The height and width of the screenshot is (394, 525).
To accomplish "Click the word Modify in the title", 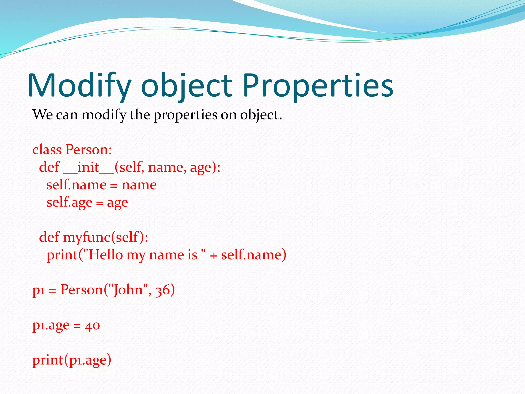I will [x=79, y=86].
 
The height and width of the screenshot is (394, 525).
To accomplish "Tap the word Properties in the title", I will [x=318, y=86].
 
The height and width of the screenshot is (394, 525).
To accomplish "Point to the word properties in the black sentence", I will [x=185, y=115].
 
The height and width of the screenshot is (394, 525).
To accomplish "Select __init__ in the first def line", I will [x=88, y=167].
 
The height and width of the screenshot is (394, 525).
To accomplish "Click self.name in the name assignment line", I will [x=76, y=185].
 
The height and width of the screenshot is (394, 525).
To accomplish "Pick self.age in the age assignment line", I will [x=69, y=203].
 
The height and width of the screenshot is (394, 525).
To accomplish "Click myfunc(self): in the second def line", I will [x=106, y=237].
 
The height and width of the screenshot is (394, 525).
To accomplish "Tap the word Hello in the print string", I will [x=106, y=255].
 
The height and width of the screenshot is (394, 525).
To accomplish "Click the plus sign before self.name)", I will [x=214, y=256].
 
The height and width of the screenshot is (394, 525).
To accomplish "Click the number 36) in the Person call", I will [x=165, y=290].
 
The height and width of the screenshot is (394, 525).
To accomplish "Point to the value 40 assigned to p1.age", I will [x=92, y=326].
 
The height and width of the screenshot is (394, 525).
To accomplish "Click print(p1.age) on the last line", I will [x=72, y=360].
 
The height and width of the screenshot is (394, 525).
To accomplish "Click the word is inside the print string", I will [x=192, y=255].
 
